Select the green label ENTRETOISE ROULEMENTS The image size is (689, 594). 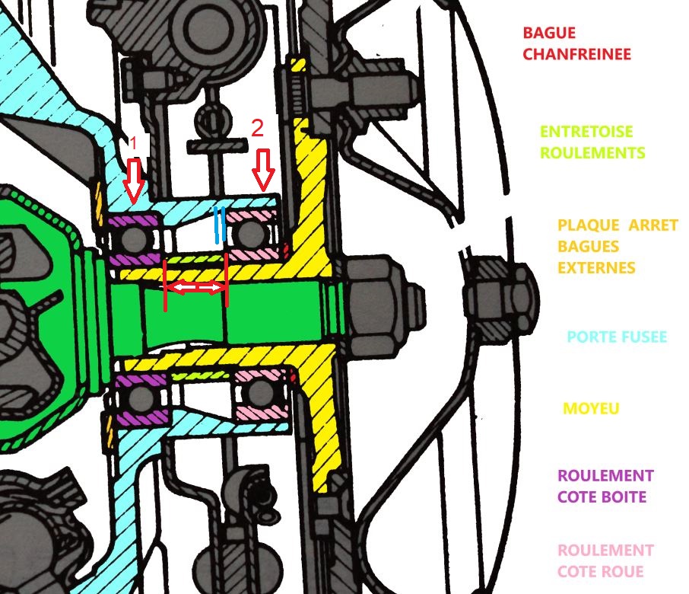click(x=592, y=142)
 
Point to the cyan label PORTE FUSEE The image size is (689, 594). click(x=618, y=337)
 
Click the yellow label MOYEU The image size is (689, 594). click(x=591, y=409)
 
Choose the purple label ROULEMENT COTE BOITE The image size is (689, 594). click(x=605, y=486)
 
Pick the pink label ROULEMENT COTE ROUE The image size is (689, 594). click(x=605, y=560)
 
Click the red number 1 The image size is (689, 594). click(x=133, y=143)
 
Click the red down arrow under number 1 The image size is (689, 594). click(x=134, y=180)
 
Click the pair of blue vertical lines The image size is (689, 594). click(x=220, y=225)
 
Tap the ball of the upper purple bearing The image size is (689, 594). click(x=135, y=239)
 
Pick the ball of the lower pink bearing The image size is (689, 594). click(x=262, y=393)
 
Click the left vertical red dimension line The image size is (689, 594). click(x=166, y=286)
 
